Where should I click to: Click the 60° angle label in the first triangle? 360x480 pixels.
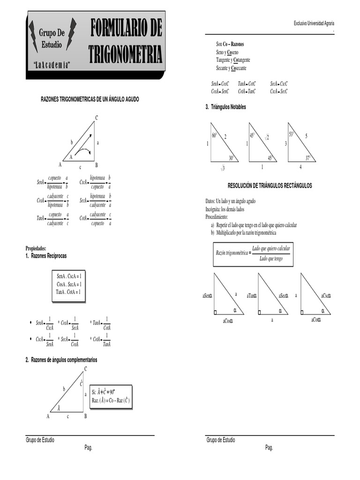point(214,135)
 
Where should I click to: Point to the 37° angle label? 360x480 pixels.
point(308,157)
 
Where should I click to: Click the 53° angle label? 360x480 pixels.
point(292,135)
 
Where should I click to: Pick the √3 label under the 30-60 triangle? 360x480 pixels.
point(223,168)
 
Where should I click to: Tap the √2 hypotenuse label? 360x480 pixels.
point(267,136)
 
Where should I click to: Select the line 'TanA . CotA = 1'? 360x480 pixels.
point(68,292)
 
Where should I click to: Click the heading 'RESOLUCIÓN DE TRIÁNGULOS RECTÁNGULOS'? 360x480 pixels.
point(270,186)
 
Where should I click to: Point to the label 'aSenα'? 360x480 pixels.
point(207,296)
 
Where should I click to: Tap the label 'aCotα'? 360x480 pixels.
point(319,319)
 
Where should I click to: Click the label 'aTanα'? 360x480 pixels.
point(251,296)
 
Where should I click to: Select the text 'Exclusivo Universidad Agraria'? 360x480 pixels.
point(314,23)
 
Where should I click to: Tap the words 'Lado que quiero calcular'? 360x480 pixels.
point(271,248)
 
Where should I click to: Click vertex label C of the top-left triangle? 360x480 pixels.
point(97,117)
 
